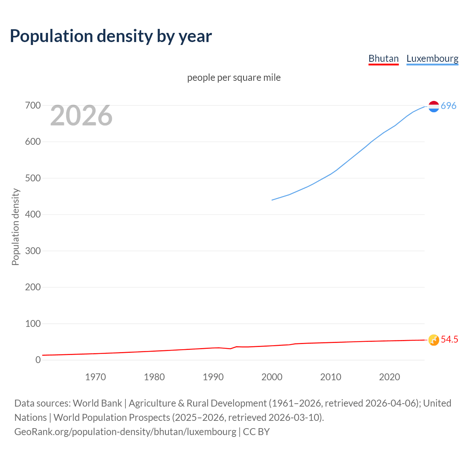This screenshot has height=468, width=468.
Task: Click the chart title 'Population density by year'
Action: point(111,36)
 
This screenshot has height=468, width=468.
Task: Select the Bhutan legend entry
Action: point(383,58)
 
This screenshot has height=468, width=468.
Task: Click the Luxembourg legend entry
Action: point(432,58)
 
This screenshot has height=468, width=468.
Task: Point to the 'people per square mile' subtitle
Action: point(234,78)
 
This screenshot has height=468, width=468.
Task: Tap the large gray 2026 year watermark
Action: point(81,116)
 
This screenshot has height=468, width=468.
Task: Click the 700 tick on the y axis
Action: point(33,105)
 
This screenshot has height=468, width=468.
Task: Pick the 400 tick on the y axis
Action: point(33,214)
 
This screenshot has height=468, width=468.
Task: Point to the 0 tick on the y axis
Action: point(38,360)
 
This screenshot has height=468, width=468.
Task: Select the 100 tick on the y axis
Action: point(33,324)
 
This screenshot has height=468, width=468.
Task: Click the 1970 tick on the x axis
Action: point(95,377)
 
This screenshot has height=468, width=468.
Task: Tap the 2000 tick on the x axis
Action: point(272,377)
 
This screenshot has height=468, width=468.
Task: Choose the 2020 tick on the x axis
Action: point(389,377)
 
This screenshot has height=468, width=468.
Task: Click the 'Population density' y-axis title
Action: point(15,227)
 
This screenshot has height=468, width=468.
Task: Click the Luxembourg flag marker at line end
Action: point(434,106)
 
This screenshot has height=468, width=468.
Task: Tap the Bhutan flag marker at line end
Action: point(434,340)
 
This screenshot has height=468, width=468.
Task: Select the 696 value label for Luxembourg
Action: point(449,106)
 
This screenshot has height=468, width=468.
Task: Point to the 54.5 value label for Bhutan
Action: point(449,339)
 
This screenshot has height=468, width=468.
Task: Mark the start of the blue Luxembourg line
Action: point(272,200)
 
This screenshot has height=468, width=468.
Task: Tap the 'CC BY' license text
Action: point(256,431)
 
